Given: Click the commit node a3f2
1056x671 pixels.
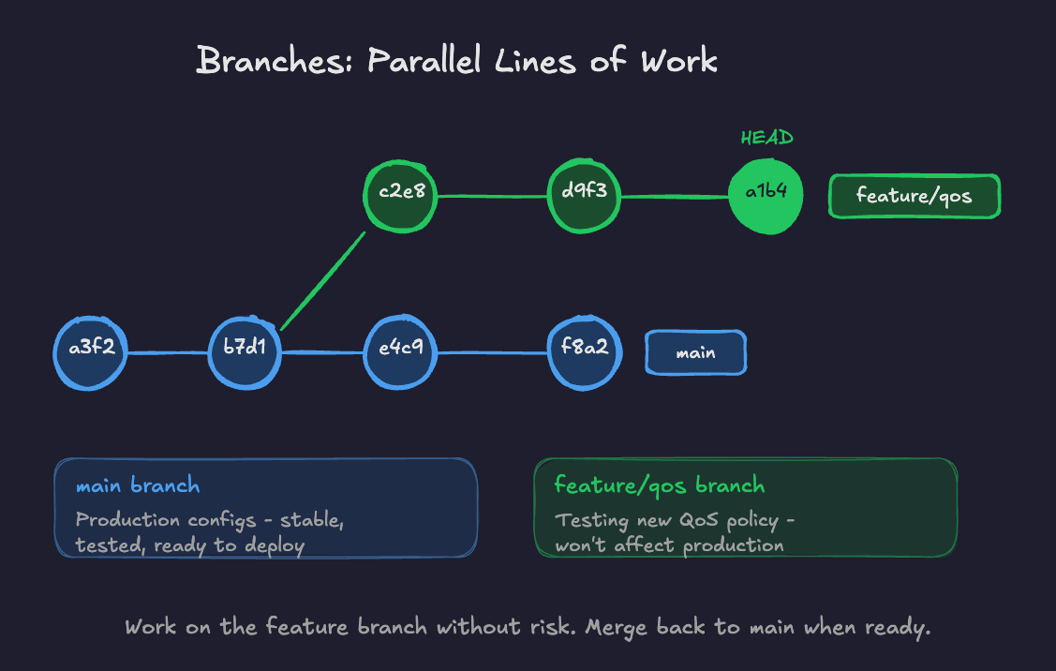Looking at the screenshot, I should (90, 353).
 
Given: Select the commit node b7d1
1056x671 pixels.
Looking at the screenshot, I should (245, 353).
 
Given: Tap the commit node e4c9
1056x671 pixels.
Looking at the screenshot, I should (400, 353).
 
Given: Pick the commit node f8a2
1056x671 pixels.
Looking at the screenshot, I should (584, 353).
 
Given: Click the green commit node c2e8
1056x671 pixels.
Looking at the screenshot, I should (401, 197).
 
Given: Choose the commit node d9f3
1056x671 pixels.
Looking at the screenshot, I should (584, 197).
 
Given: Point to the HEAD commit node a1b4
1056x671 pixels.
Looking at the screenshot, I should (766, 197).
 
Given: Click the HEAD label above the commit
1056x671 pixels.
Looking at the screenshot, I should (766, 138).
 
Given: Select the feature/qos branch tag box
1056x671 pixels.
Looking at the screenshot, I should (914, 197).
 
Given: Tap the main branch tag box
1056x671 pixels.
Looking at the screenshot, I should (695, 353).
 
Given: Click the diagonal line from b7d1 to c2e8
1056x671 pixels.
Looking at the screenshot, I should (321, 281).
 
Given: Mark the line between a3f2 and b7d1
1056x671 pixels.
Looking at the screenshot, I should (167, 353).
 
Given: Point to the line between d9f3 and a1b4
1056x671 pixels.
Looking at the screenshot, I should (675, 197).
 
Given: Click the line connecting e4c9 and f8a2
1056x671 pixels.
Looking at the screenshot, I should (492, 353).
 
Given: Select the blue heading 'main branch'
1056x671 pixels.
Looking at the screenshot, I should (137, 485).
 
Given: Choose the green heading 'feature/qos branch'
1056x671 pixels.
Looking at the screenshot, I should (659, 485).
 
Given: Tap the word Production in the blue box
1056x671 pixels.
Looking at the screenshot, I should (128, 520).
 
